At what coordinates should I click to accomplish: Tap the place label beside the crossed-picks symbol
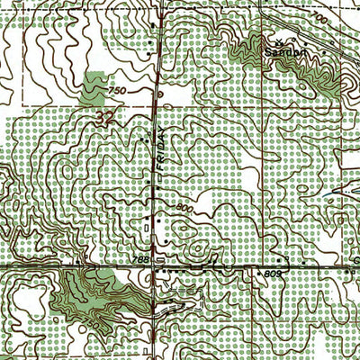(x=280, y=53)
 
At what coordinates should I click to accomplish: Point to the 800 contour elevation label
(x=186, y=208)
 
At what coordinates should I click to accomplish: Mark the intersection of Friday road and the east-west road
(x=158, y=268)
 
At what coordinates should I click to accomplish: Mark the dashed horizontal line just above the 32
(x=90, y=106)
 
